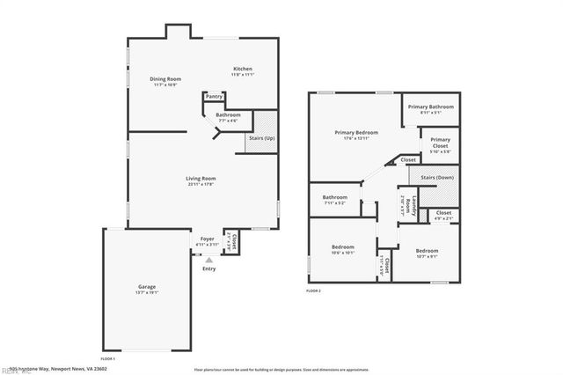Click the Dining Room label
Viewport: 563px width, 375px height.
(165, 79)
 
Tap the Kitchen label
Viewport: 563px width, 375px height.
(243, 69)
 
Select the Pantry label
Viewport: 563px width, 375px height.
(214, 97)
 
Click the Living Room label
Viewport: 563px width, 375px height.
(201, 179)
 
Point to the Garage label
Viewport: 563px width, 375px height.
(146, 287)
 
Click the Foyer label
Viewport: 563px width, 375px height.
(207, 239)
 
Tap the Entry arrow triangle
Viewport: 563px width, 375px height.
(208, 260)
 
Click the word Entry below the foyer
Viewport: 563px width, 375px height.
(208, 268)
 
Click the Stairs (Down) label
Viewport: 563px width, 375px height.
(436, 178)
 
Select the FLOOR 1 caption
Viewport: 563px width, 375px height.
(108, 359)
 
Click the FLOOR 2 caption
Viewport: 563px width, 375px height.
(313, 290)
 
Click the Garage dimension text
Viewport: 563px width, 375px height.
(146, 294)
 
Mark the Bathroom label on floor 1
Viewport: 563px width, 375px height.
(228, 115)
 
